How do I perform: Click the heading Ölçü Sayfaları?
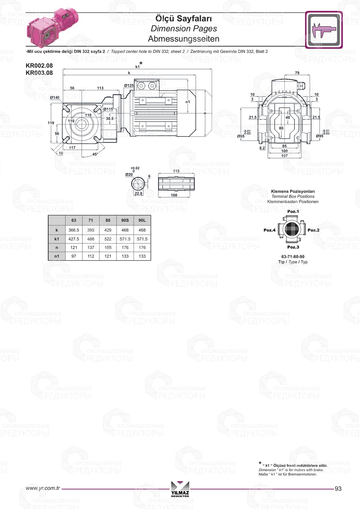(184, 19)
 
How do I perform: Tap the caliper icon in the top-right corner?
(324, 30)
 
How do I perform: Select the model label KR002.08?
(39, 66)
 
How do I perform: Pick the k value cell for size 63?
(74, 230)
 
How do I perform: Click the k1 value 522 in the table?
(108, 239)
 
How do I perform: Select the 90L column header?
(142, 220)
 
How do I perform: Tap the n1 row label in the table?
(57, 256)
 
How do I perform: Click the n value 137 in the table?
(91, 248)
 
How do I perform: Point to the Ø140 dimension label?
(55, 98)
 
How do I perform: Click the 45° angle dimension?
(95, 154)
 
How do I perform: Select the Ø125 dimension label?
(129, 86)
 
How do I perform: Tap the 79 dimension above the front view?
(297, 73)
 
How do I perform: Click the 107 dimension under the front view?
(284, 156)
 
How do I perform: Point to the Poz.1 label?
(293, 212)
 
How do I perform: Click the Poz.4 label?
(269, 230)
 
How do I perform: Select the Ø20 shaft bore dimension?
(129, 175)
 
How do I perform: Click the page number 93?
(338, 488)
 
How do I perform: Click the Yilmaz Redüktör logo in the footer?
(180, 489)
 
